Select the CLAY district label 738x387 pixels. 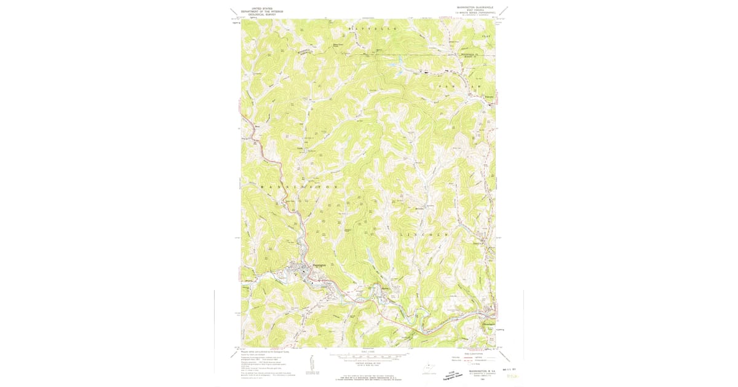click(x=487, y=37)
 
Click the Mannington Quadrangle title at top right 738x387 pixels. click(x=475, y=7)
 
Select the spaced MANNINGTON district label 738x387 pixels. click(x=299, y=186)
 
